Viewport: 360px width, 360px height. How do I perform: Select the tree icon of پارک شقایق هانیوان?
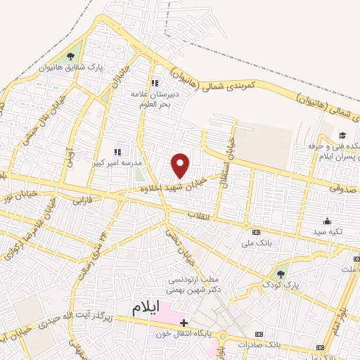pyautogui.click(x=70, y=56)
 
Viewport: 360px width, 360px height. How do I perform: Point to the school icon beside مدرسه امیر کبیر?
pyautogui.click(x=117, y=150)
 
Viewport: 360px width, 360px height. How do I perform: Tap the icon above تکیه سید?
pyautogui.click(x=329, y=221)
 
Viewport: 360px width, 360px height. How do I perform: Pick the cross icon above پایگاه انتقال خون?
pyautogui.click(x=184, y=322)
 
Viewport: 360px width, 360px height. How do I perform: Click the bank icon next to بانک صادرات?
pyautogui.click(x=259, y=333)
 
